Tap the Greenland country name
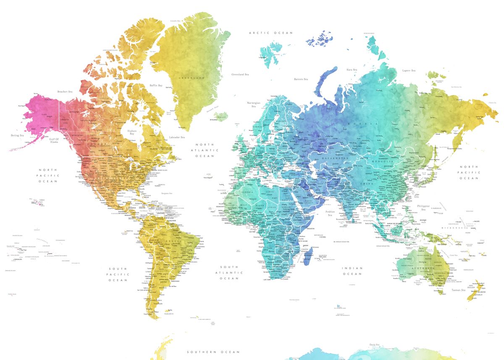[x=192, y=78]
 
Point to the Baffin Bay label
[x=155, y=85]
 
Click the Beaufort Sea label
[x=65, y=91]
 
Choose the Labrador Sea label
[x=177, y=137]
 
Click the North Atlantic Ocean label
[x=205, y=150]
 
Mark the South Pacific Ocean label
[x=119, y=274]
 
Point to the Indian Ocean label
[x=352, y=271]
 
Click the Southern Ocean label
[x=213, y=352]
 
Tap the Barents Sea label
[x=301, y=79]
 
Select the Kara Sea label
[x=352, y=70]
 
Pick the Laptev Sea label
[x=408, y=71]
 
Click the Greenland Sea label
[x=240, y=74]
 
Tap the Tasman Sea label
[x=458, y=290]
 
